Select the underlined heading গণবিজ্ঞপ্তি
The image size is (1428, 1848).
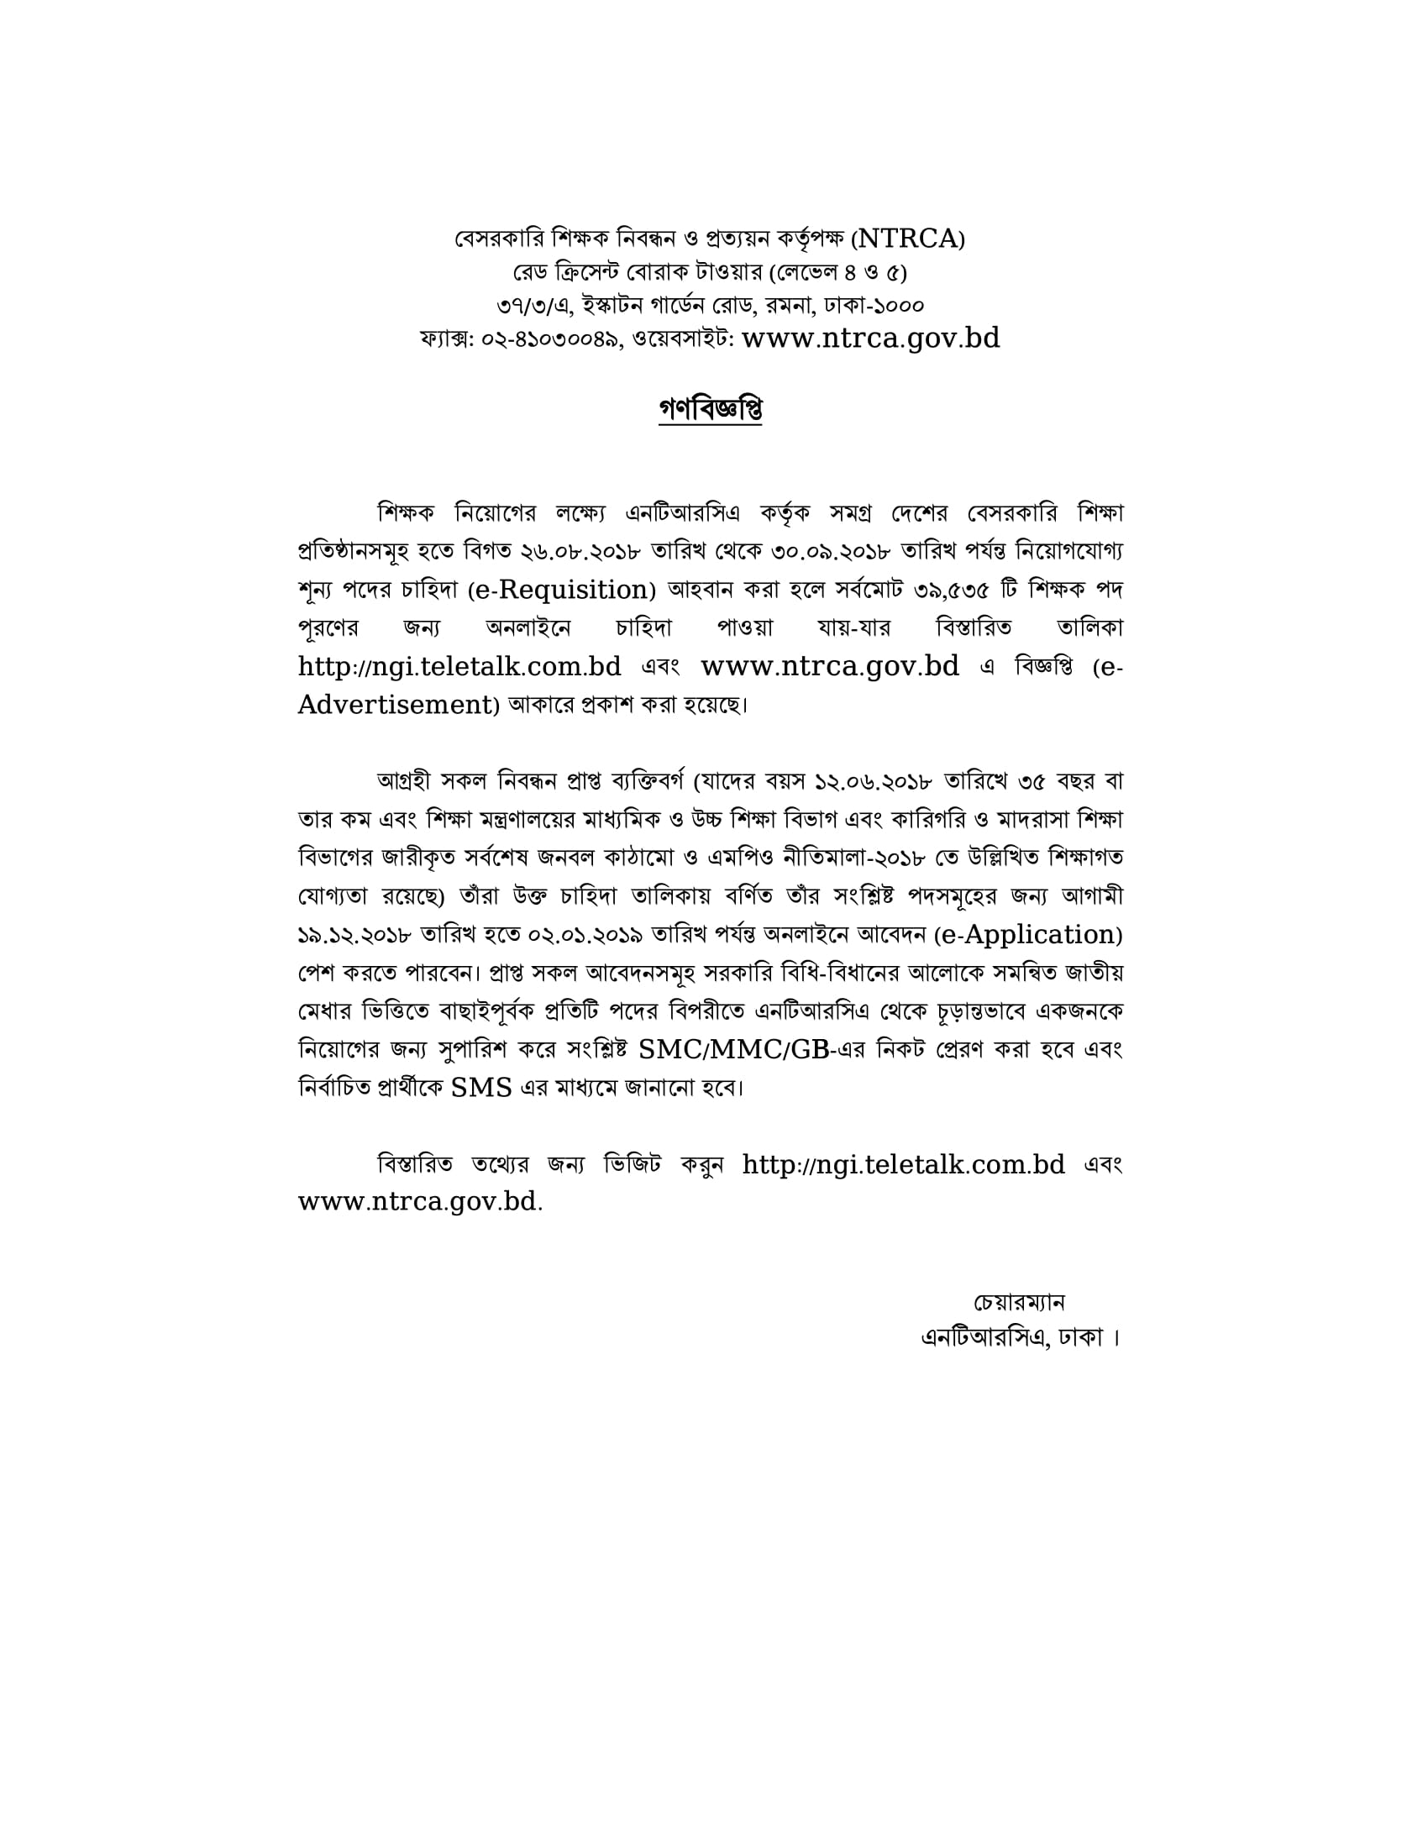click(x=710, y=411)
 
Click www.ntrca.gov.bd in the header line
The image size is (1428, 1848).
click(x=870, y=339)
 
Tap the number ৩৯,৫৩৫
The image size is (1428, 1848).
click(x=952, y=590)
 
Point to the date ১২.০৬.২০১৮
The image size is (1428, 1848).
click(x=873, y=780)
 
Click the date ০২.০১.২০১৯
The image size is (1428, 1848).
click(x=586, y=935)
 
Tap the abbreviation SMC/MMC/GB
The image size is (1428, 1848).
click(x=733, y=1050)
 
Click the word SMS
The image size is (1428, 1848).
click(x=481, y=1088)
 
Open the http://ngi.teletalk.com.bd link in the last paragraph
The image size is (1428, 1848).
click(x=904, y=1165)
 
